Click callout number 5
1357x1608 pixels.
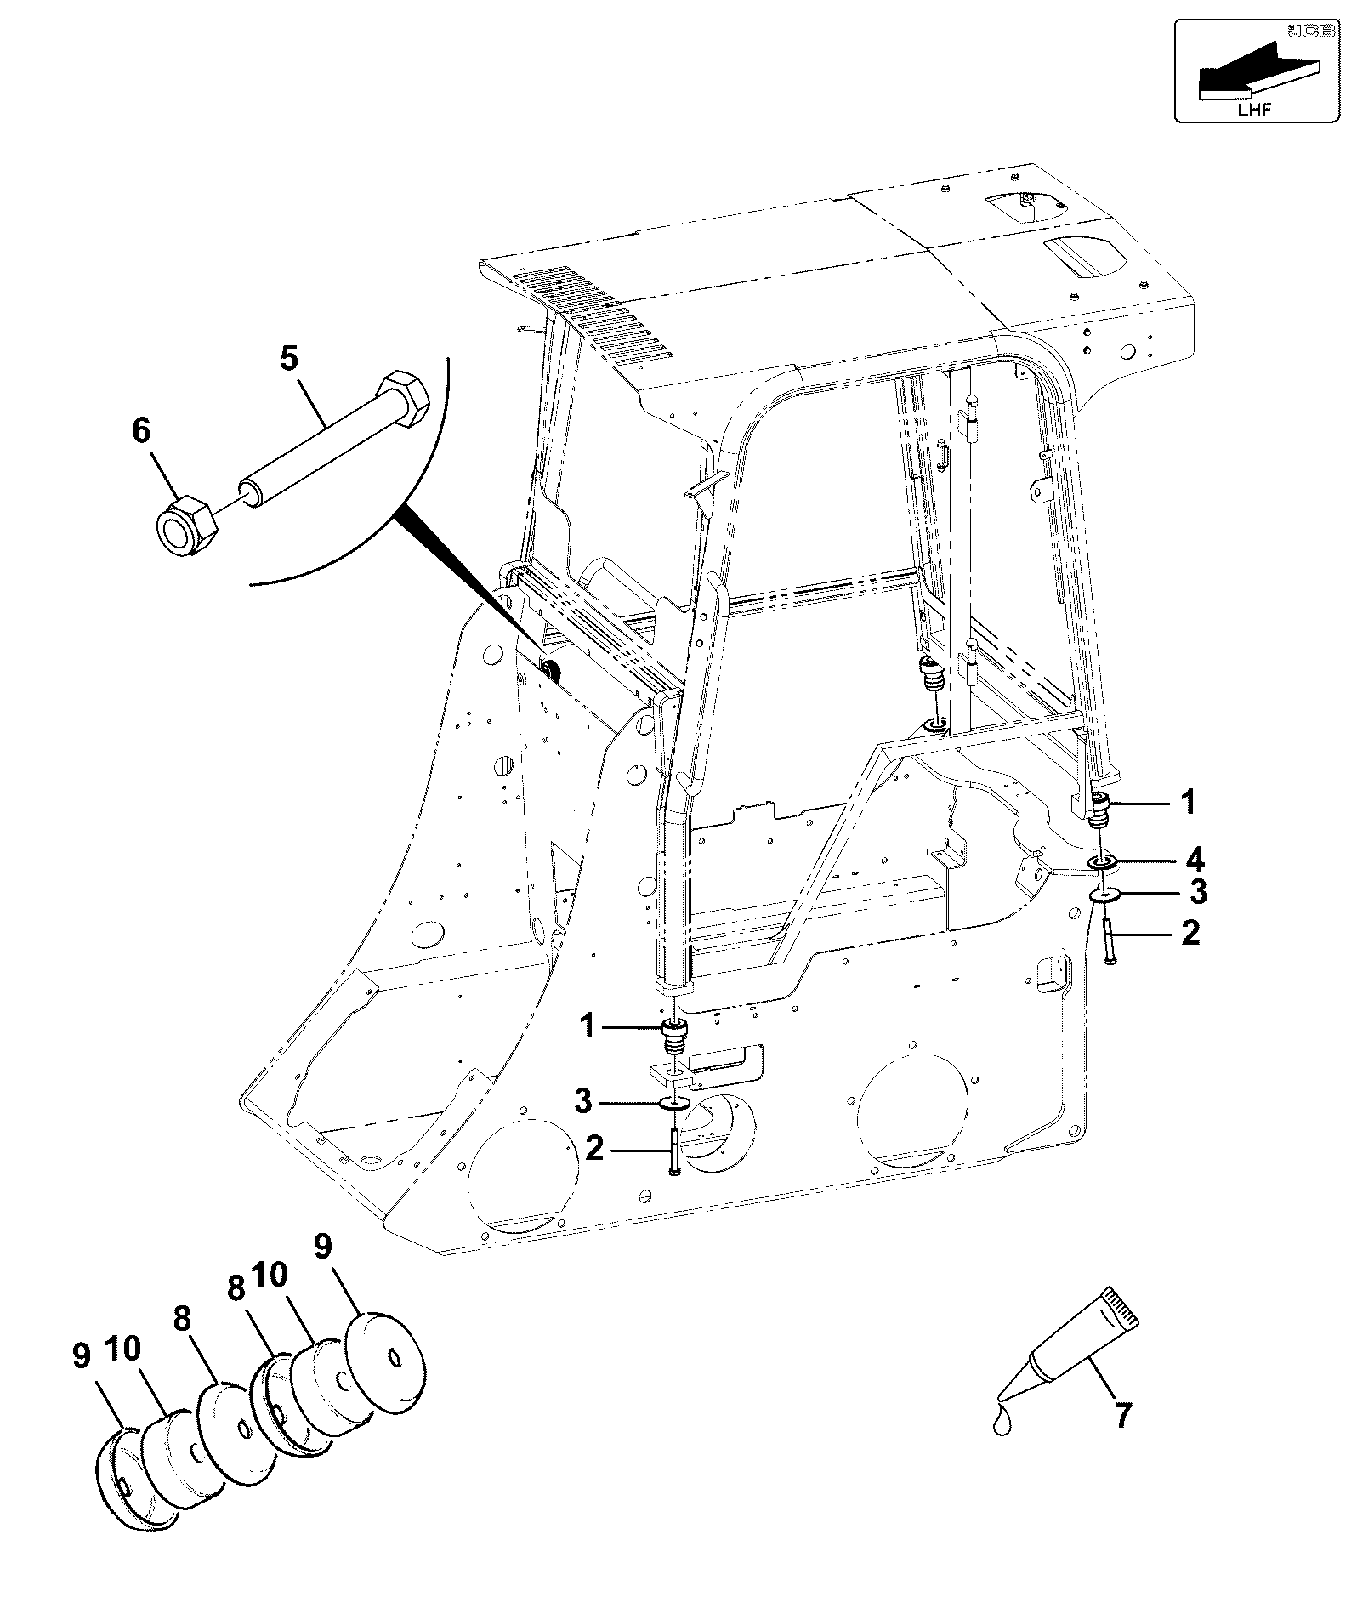point(289,359)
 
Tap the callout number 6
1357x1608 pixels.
point(141,431)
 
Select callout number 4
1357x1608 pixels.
point(1195,860)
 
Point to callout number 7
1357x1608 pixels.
point(1122,1416)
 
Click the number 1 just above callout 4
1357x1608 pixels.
point(1189,802)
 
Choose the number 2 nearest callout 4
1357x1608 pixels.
point(1191,934)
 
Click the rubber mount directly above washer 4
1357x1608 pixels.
point(1102,809)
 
